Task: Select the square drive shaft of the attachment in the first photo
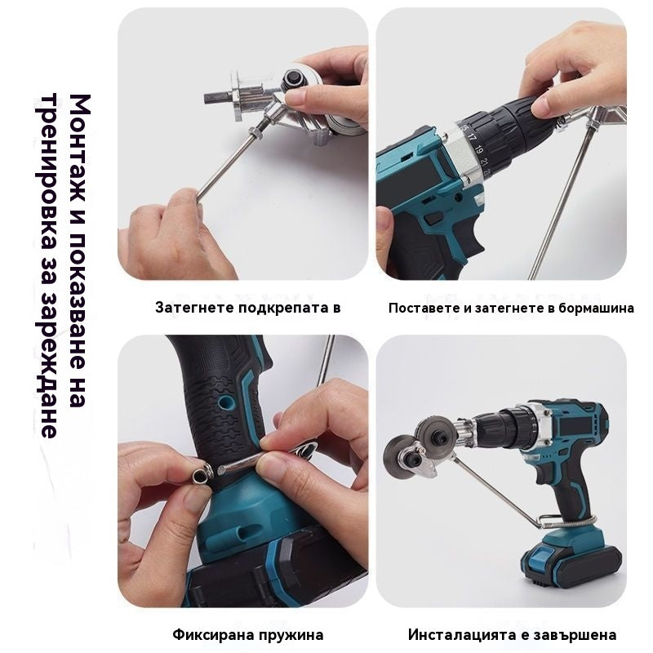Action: click(218, 98)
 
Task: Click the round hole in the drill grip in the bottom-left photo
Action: click(227, 402)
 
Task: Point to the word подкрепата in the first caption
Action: click(282, 309)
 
